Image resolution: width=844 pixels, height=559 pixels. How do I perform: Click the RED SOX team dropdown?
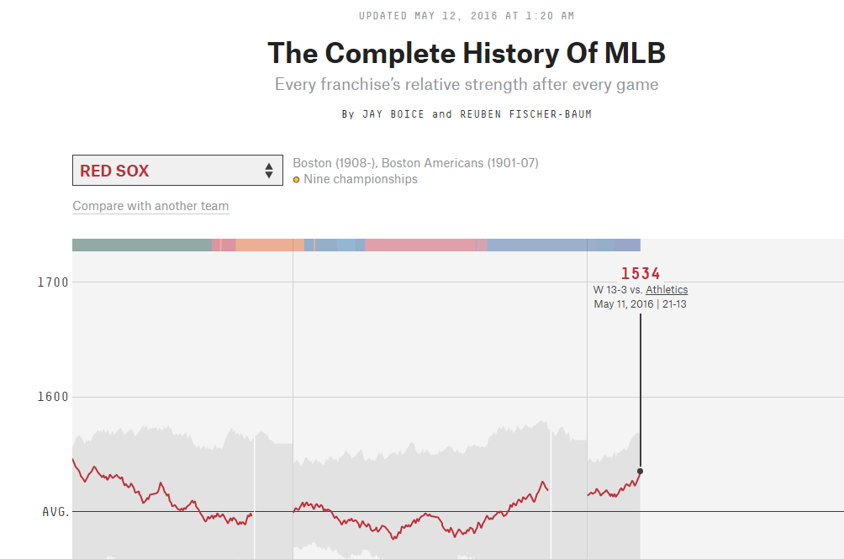[177, 171]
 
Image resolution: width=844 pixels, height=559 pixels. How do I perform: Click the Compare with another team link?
[150, 206]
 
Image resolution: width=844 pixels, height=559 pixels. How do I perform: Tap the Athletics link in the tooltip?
[667, 290]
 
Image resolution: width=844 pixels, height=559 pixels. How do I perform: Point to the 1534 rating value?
[641, 273]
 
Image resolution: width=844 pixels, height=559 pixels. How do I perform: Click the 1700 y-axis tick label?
[53, 282]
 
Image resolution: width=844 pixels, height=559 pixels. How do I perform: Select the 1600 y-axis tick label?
[53, 397]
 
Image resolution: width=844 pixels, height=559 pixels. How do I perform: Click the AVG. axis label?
[55, 511]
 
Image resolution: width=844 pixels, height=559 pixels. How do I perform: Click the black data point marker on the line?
[641, 471]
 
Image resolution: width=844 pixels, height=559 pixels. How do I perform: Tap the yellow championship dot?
[297, 180]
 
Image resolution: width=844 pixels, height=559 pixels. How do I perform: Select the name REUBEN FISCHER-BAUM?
[525, 114]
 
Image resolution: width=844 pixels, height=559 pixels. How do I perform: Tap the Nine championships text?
[361, 179]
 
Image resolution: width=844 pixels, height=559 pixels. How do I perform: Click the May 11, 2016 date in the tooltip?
[623, 304]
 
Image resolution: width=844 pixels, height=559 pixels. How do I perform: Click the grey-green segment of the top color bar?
[141, 245]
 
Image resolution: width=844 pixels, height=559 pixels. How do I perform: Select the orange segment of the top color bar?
[269, 245]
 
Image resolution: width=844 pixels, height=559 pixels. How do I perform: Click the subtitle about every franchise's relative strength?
[467, 84]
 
